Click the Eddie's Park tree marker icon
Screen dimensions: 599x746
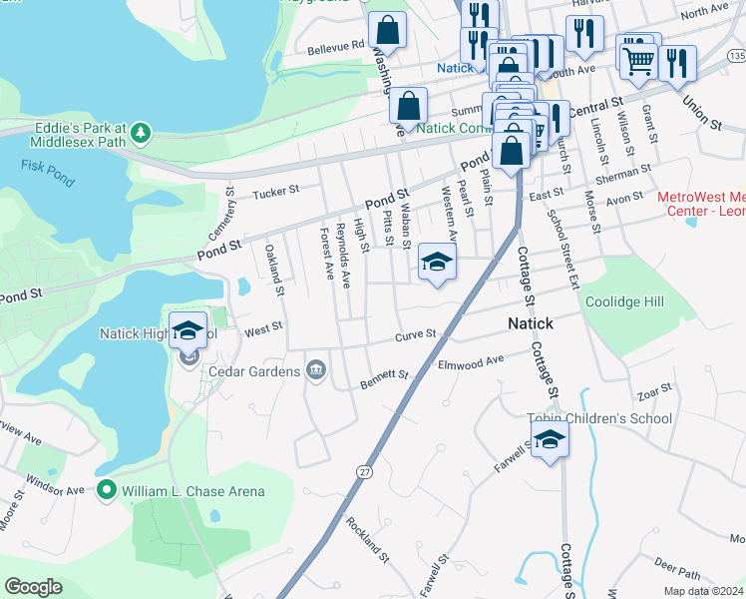[142, 132]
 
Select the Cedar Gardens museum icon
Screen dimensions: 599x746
[316, 371]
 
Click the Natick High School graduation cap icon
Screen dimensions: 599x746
[186, 330]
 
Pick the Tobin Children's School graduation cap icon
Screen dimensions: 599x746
[549, 439]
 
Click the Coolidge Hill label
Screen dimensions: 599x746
[624, 301]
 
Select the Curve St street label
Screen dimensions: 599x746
[416, 335]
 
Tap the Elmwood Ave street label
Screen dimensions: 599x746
[471, 362]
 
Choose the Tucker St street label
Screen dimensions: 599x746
[276, 193]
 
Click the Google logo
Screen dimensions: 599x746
[34, 587]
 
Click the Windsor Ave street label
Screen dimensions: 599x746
[55, 490]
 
